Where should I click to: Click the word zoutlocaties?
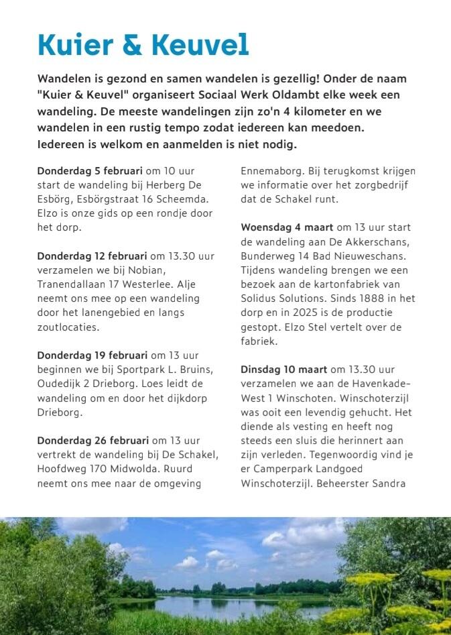[68, 327]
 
